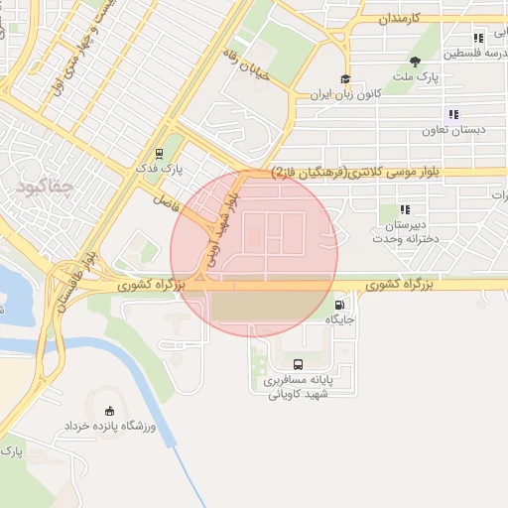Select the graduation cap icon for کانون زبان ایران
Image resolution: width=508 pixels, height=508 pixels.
(345, 80)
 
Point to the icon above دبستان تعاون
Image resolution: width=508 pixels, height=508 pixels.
(453, 114)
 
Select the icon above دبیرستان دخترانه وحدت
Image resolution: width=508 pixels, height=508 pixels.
(405, 209)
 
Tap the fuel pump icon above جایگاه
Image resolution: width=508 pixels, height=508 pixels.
(341, 305)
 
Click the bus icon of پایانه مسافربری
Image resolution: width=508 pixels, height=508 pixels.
(300, 363)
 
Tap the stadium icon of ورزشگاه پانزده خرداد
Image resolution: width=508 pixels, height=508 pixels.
(109, 411)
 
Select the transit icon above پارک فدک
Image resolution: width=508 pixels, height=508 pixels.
(159, 153)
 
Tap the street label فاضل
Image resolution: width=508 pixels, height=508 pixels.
(164, 199)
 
